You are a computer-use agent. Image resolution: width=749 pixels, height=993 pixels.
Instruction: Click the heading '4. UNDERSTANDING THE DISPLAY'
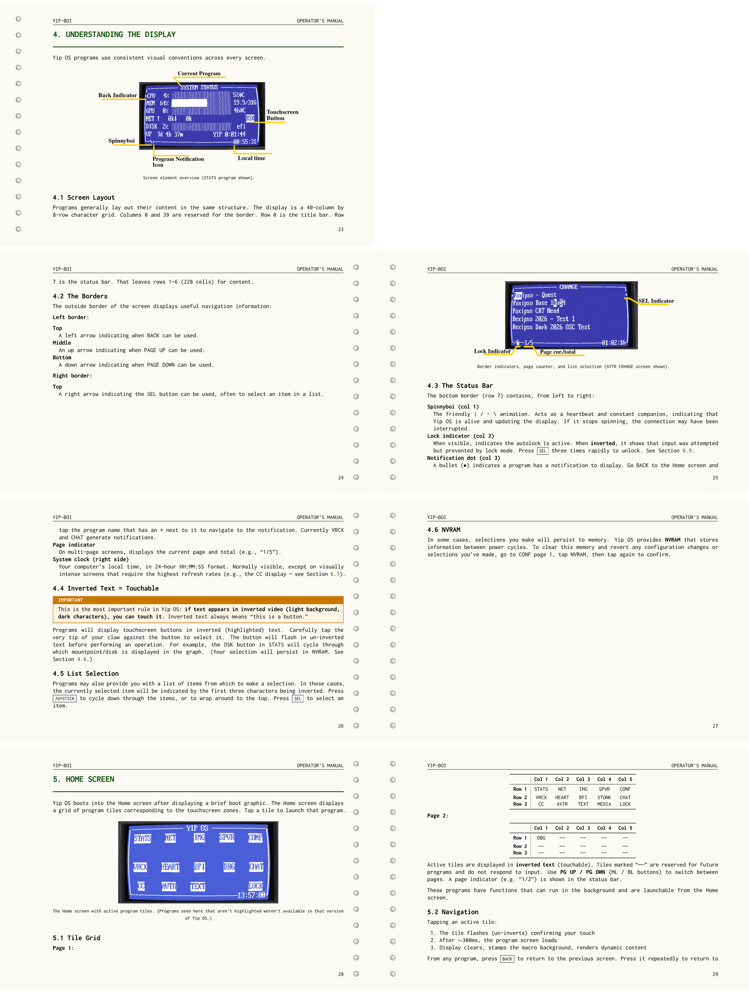(x=114, y=35)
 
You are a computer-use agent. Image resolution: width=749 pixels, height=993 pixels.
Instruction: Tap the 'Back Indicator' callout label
(x=117, y=96)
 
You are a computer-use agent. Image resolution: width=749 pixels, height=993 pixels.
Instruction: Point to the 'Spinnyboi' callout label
(x=121, y=141)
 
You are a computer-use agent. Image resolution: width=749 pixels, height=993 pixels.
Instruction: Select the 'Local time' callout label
(x=251, y=158)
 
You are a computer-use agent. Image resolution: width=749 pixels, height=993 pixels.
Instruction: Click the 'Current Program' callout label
(x=199, y=74)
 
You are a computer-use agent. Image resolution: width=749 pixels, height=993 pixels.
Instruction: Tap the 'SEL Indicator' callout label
(x=656, y=301)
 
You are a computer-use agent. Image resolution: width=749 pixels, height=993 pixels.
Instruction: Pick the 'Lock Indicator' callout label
(x=492, y=351)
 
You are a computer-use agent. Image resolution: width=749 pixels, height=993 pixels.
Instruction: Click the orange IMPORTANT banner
(x=198, y=600)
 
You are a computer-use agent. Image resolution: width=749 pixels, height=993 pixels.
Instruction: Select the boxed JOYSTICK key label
(x=65, y=699)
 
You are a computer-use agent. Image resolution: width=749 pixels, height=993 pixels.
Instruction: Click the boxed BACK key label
(x=507, y=959)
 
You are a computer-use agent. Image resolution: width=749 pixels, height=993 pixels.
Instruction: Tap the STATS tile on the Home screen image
(x=142, y=838)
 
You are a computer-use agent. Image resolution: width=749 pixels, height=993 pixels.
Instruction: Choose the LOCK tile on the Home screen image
(x=256, y=886)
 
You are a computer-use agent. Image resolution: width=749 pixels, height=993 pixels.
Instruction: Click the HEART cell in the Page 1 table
(x=562, y=798)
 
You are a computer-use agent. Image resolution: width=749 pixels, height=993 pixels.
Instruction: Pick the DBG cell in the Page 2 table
(x=541, y=838)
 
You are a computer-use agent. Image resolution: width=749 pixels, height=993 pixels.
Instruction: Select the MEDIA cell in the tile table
(x=604, y=804)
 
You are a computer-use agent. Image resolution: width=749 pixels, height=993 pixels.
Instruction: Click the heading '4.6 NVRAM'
(x=444, y=530)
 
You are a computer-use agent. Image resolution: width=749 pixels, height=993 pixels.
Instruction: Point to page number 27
(x=715, y=726)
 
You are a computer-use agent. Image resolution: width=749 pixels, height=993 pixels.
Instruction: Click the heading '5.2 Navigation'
(x=453, y=912)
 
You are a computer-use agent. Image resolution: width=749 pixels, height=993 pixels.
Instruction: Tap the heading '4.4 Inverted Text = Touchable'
(x=106, y=588)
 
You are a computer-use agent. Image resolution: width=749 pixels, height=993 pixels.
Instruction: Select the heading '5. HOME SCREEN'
(x=84, y=779)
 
